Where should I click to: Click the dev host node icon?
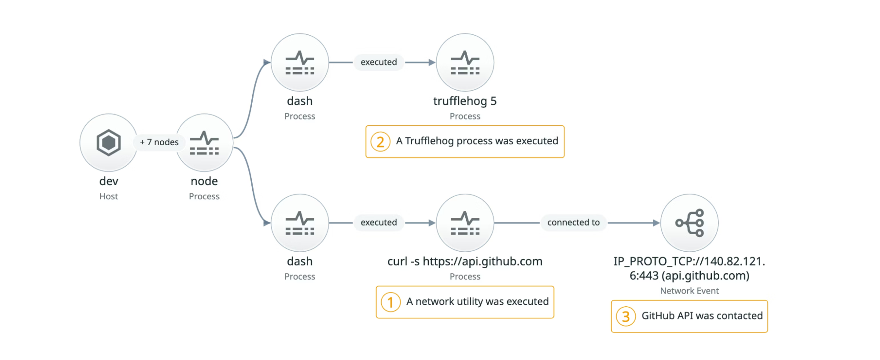[108, 142]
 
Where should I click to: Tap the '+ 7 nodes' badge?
[159, 142]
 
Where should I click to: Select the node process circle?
[205, 142]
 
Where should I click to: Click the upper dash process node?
[300, 62]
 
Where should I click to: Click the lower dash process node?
[300, 223]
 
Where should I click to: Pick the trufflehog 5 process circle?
[465, 62]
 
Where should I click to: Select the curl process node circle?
[465, 223]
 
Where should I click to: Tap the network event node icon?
[689, 223]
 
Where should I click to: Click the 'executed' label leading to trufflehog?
[379, 62]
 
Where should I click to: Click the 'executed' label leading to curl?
[379, 222]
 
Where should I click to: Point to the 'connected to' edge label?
[573, 222]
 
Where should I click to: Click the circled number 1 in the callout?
[390, 302]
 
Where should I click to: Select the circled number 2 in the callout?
[380, 142]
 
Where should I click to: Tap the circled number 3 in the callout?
[626, 316]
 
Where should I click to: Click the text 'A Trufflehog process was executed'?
[477, 141]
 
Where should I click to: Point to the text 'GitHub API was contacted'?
[702, 316]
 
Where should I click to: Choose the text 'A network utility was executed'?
[477, 301]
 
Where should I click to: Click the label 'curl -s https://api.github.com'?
[464, 261]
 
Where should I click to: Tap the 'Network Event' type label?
[689, 291]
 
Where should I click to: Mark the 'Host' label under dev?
[108, 196]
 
